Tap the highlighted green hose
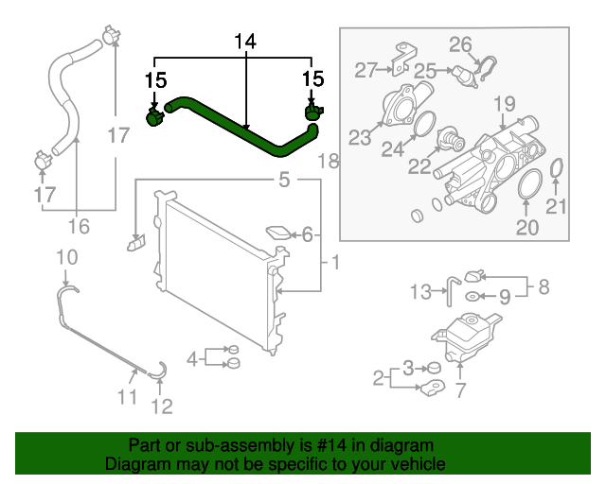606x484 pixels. (x=237, y=125)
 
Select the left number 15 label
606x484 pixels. (x=154, y=79)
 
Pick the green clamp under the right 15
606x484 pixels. (x=312, y=113)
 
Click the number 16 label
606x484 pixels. (x=79, y=226)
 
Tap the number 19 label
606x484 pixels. (x=504, y=102)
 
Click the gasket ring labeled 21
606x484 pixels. (x=557, y=168)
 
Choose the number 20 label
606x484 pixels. (x=526, y=226)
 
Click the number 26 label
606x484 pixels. (x=460, y=43)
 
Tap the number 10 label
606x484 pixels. (x=66, y=256)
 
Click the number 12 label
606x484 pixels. (x=162, y=406)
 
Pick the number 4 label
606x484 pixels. (x=192, y=357)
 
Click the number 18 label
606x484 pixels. (x=327, y=162)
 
